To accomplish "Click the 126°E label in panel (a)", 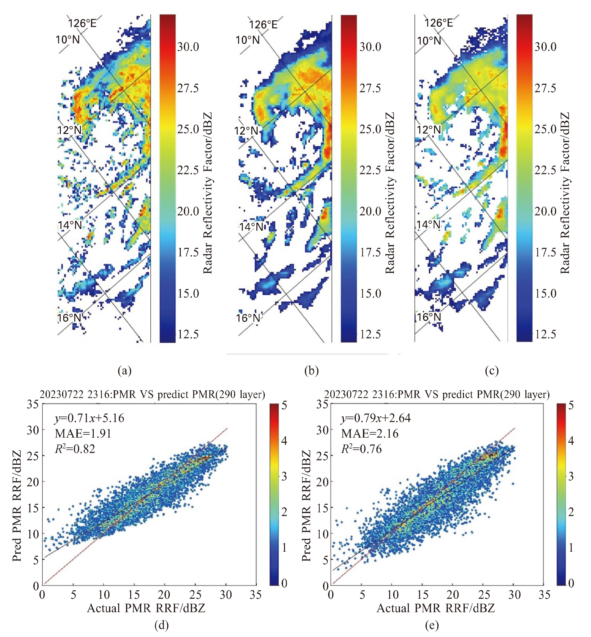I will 82,23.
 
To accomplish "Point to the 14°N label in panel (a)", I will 70,225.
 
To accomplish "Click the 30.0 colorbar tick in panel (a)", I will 188,47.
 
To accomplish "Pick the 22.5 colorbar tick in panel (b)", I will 370,170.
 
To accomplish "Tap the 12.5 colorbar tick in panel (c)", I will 546,334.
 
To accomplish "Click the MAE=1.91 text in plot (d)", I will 83,433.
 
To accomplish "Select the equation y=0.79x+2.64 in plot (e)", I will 376,418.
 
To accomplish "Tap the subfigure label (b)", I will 312,371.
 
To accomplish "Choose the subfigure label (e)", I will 432,626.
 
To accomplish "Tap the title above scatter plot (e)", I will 437,394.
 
